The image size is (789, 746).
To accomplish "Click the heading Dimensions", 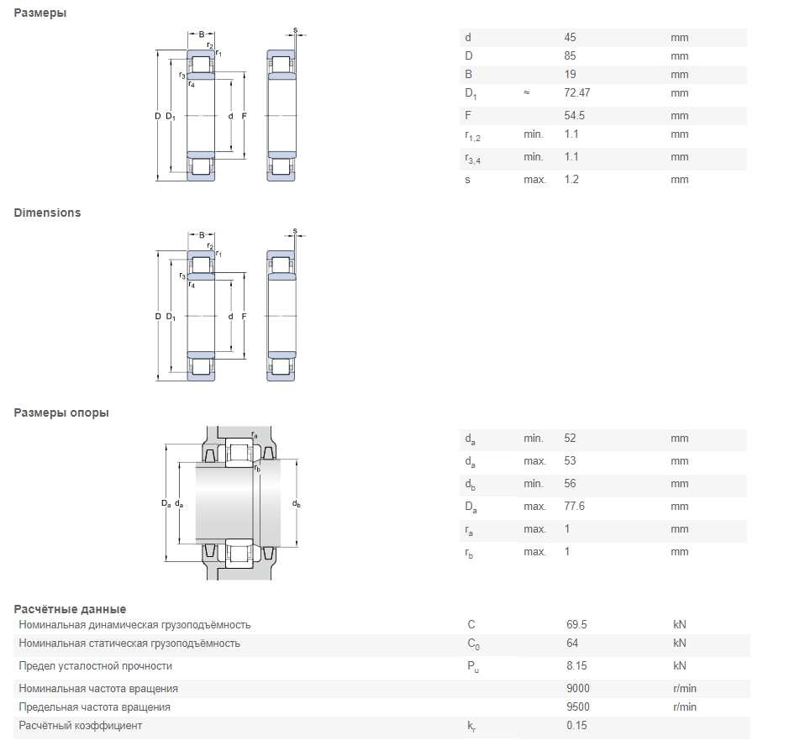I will coord(47,213).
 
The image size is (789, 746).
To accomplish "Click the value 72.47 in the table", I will coord(578,93).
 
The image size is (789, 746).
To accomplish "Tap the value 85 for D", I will coord(570,56).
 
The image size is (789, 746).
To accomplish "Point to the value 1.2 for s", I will coord(571,180).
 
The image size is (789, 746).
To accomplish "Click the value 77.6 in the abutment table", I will coord(575,507).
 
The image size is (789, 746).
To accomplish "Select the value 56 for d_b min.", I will coord(570,484).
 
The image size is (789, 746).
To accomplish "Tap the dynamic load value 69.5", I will coord(576,625).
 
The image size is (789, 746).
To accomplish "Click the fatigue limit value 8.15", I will coord(576,666).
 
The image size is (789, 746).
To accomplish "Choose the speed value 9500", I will coord(578,707).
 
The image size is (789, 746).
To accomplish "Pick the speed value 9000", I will coord(578,689).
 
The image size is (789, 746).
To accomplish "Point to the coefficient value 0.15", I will coord(576,726).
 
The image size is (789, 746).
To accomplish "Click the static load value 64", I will coord(572,644).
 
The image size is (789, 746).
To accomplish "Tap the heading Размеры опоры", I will coord(61,412).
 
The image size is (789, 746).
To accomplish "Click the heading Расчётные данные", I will coord(70,609).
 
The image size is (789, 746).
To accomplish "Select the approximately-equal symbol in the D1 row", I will coord(526,93).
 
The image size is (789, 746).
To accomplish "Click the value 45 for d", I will coord(570,38).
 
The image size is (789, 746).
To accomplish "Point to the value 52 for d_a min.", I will coord(570,439).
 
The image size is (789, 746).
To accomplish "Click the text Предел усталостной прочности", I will coord(95,666).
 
